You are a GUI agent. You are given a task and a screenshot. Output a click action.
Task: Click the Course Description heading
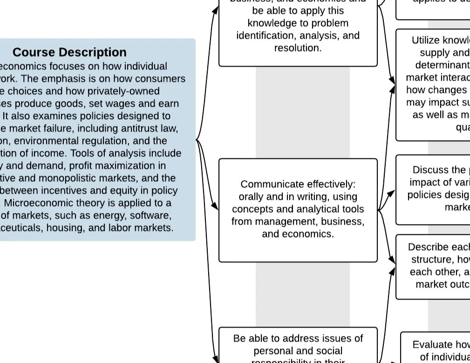tap(69, 52)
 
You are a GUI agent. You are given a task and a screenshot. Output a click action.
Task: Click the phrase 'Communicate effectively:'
tap(298, 185)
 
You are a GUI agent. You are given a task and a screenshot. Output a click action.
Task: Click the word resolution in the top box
tap(298, 48)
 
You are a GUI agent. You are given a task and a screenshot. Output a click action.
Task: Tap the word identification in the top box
tap(265, 35)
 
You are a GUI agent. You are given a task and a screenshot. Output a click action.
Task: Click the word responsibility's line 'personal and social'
tap(298, 350)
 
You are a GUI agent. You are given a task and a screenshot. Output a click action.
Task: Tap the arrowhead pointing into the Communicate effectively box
tap(215, 205)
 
